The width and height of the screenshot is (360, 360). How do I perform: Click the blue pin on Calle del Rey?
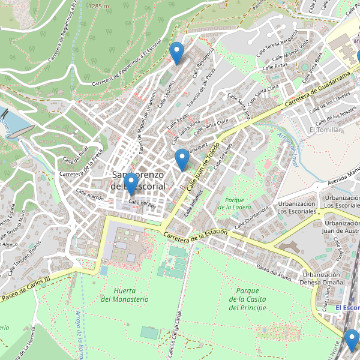click(131, 184)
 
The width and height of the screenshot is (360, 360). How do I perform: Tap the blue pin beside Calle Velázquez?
click(182, 160)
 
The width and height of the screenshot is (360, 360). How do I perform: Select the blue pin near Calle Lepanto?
click(176, 53)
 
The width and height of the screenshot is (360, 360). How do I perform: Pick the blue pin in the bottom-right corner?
click(351, 340)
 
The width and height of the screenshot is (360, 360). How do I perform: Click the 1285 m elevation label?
click(98, 6)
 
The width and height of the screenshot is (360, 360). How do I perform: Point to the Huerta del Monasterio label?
click(125, 295)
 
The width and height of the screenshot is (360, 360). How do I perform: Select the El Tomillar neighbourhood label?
click(325, 130)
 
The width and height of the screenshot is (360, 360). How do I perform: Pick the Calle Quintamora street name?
click(251, 217)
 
